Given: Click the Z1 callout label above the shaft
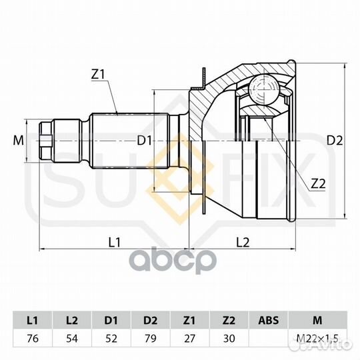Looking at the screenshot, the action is [x=98, y=74].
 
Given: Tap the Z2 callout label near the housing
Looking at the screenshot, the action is [x=318, y=184].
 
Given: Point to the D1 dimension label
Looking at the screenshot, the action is [x=145, y=141].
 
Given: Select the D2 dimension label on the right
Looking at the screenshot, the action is [x=335, y=141].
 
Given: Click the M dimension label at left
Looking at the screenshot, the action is [x=19, y=141].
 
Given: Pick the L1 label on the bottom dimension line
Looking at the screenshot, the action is [x=115, y=242].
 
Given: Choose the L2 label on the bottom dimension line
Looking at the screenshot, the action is [x=243, y=242].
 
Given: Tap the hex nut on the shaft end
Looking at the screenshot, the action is [x=46, y=141].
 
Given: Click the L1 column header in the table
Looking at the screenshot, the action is [x=33, y=320].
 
